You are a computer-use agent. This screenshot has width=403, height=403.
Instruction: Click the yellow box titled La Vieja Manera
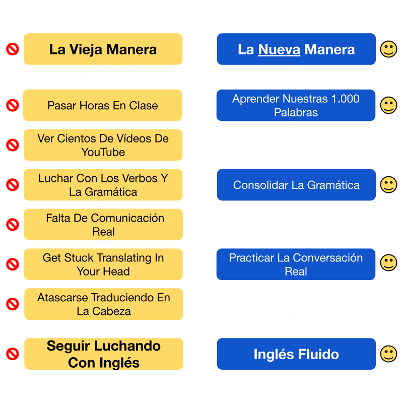103,49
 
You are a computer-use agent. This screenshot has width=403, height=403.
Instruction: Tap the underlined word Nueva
279,49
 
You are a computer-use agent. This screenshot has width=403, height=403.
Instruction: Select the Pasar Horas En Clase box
103,105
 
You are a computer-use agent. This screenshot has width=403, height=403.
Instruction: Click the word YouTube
103,152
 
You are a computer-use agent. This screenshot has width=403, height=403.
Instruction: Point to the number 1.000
346,99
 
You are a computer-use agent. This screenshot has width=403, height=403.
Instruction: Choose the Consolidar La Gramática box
296,185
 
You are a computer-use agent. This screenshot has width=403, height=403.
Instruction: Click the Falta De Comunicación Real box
104,225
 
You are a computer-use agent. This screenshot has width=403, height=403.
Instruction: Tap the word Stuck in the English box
79,258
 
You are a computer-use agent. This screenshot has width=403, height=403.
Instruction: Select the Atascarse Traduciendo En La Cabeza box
104,304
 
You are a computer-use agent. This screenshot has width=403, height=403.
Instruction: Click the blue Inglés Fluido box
296,354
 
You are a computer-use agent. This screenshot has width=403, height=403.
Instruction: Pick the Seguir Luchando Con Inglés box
104,354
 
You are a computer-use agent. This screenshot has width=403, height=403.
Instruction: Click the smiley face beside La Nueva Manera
388,49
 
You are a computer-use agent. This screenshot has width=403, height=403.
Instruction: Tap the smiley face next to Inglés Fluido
388,354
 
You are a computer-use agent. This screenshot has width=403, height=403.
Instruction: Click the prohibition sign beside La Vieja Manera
13,49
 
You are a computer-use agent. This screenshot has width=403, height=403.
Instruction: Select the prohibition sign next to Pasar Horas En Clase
13,105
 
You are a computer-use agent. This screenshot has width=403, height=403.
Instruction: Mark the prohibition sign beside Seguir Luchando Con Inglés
13,354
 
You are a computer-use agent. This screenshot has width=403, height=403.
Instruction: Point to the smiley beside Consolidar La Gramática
388,184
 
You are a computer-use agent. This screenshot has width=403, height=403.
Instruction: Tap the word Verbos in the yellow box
140,178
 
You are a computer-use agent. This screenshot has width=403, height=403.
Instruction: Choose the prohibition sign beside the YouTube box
13,145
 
